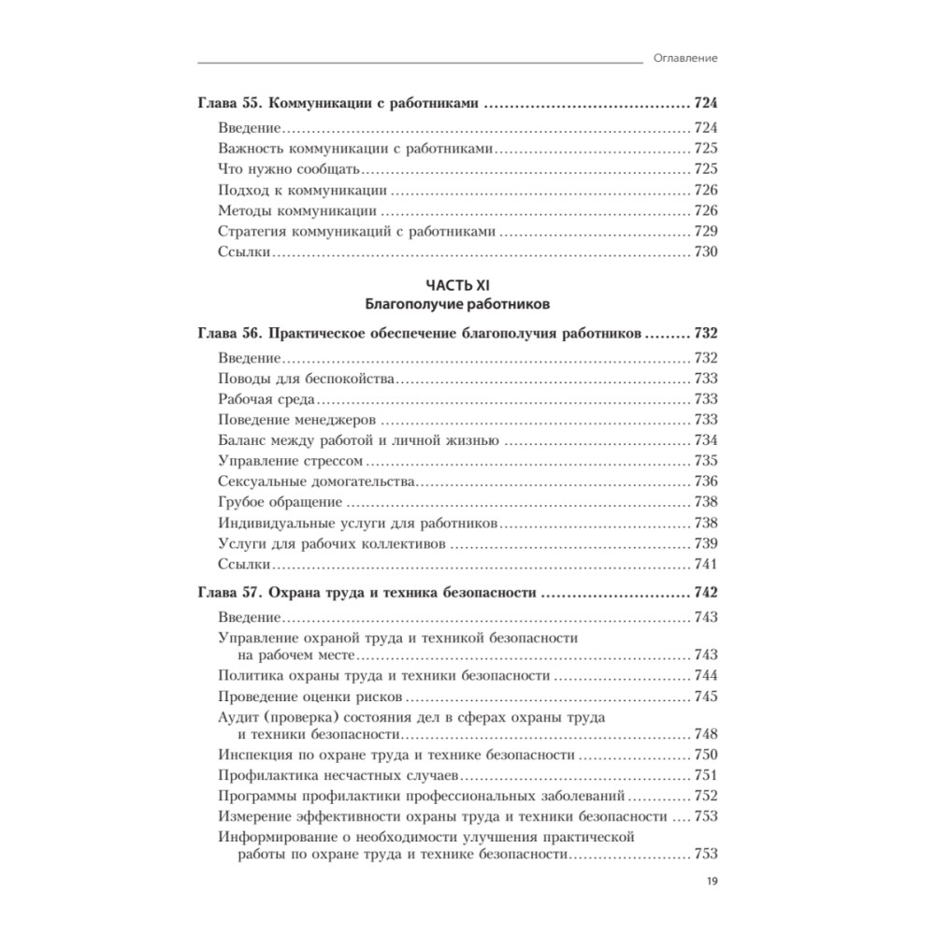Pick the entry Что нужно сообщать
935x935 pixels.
coord(289,169)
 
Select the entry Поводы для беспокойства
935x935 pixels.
coord(306,379)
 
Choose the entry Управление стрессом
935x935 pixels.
coord(290,461)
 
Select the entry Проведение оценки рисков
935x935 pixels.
coord(309,697)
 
